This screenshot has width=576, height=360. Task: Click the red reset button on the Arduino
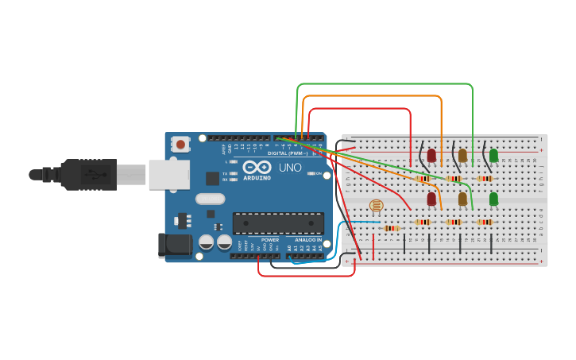tap(181, 145)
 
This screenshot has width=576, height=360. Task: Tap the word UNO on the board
tap(289, 168)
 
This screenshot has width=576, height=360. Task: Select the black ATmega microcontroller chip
tap(278, 223)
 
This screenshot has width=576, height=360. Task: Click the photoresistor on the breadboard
tap(377, 206)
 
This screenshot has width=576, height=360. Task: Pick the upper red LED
tap(431, 156)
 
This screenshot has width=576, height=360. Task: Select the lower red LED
tap(431, 199)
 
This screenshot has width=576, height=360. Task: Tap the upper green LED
tap(493, 156)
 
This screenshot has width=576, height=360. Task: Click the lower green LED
tap(493, 199)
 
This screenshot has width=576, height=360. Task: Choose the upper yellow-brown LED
tap(462, 156)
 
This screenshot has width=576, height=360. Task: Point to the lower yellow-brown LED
tap(462, 199)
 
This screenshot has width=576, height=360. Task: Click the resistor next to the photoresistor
tap(391, 228)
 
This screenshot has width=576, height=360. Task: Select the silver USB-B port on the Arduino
tap(168, 174)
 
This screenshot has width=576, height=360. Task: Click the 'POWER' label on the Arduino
tap(270, 239)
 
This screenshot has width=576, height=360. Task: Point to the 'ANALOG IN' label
tap(308, 239)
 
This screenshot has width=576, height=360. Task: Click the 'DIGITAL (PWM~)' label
tap(288, 153)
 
